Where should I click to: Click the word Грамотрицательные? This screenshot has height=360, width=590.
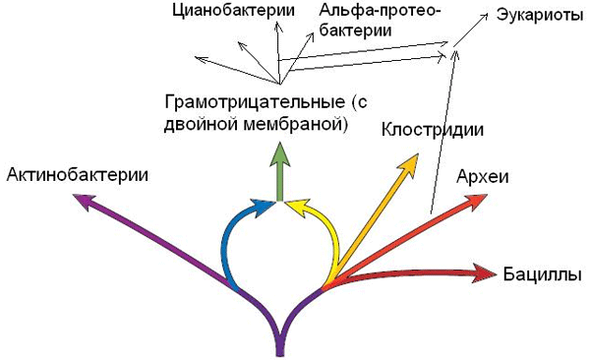250,101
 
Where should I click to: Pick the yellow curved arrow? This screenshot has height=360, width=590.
328,236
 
